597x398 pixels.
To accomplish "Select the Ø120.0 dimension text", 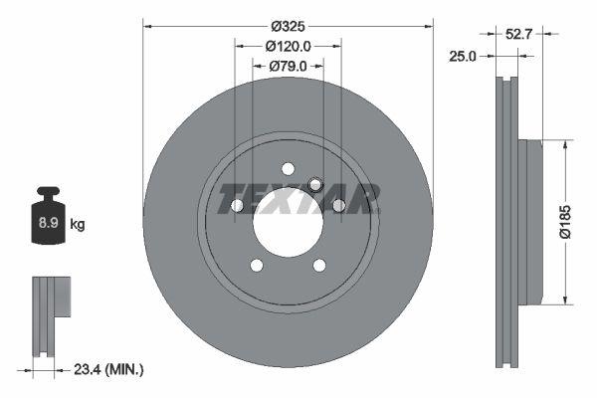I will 289,46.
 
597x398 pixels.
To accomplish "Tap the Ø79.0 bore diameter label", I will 289,67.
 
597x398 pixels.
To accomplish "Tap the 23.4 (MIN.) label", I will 110,369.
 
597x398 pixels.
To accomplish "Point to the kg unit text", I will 79,225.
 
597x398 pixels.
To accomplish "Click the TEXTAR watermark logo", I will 298,199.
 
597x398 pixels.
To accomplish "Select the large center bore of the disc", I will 288,221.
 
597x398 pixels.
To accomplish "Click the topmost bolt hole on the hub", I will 288,168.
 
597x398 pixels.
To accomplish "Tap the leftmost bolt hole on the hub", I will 238,205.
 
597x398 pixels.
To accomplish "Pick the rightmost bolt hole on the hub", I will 338,205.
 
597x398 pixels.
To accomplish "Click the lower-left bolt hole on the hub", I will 257,265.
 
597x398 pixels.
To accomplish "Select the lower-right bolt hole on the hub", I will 319,265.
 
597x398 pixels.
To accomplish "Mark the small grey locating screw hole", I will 315,184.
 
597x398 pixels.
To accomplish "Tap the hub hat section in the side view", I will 532,221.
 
